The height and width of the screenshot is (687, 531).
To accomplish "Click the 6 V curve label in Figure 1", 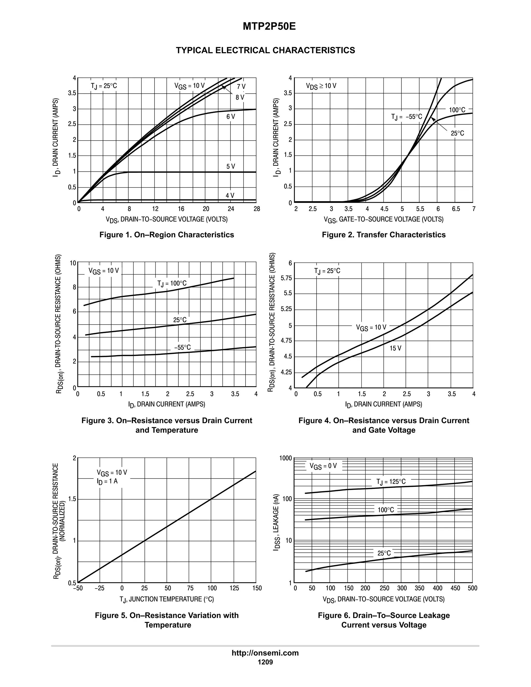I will [x=230, y=117].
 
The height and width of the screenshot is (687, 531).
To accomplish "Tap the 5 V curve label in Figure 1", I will [x=230, y=166].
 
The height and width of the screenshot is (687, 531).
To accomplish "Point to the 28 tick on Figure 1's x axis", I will [x=257, y=209].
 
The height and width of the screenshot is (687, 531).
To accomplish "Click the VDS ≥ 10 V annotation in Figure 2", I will [x=321, y=86].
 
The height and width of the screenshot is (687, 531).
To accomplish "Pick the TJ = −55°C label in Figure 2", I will [x=407, y=117].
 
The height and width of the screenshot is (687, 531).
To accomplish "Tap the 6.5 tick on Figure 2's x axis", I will [x=456, y=209].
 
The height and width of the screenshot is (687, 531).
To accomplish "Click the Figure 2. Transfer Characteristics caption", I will [x=383, y=235].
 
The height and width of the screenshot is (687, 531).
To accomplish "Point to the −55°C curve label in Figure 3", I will [x=183, y=348].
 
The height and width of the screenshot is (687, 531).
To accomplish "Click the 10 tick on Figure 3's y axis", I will [x=73, y=263].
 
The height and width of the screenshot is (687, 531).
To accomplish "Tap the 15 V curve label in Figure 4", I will [x=395, y=348].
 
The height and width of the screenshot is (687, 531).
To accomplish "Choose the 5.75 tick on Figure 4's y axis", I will [x=286, y=278].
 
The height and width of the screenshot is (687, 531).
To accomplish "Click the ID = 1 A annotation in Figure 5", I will [x=107, y=481].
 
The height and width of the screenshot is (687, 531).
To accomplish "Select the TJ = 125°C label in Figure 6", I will [x=391, y=482].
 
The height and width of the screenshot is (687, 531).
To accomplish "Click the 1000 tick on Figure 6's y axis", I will [x=286, y=458].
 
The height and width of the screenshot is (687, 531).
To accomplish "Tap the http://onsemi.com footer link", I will [x=265, y=653].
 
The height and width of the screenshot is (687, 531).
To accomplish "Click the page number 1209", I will [x=265, y=662].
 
